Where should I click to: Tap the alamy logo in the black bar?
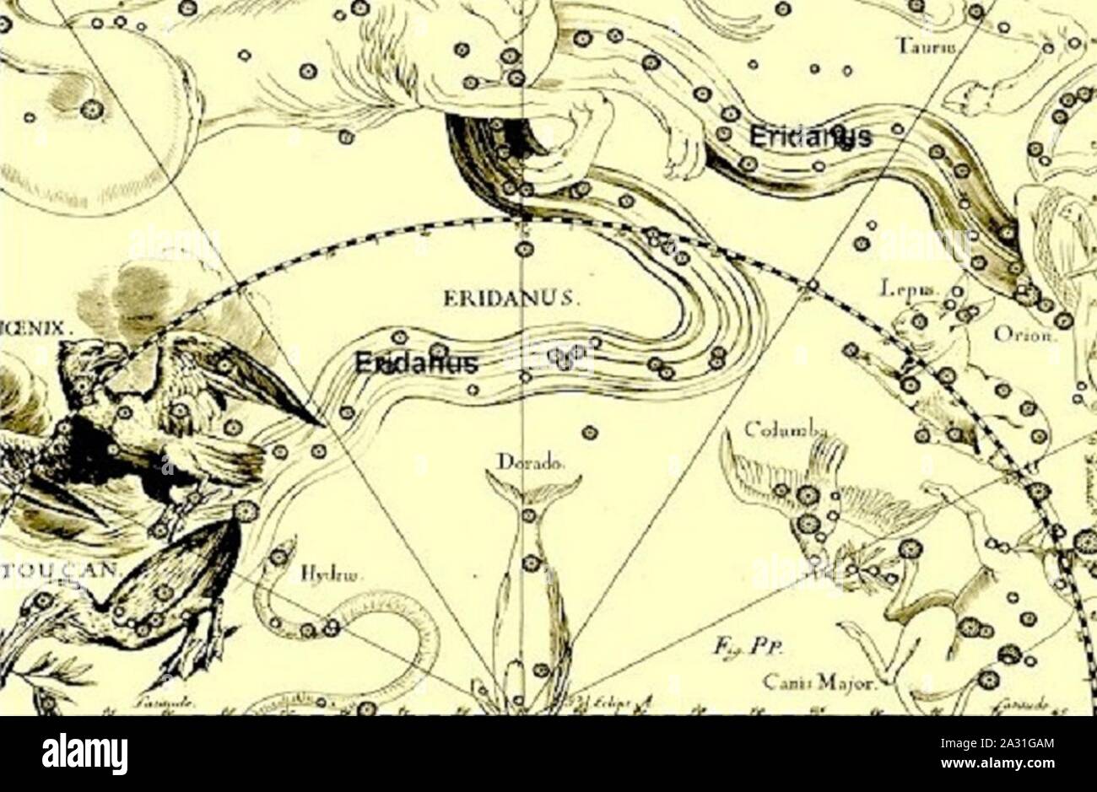point(85,753)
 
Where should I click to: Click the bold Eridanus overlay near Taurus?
point(808,137)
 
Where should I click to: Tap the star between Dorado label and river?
point(590,433)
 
